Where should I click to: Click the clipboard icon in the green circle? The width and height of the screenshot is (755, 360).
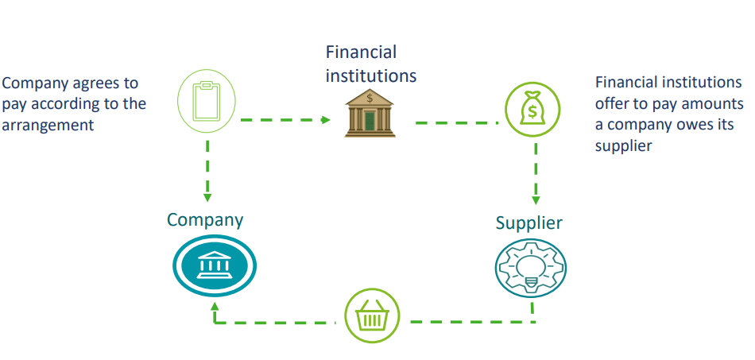pos(207,102)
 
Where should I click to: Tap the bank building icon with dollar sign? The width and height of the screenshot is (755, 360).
pos(370,114)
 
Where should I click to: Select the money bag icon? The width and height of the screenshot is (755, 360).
pos(533,107)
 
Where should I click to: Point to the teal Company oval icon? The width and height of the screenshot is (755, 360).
pos(215,265)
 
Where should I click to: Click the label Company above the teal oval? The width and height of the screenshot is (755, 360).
pos(205,219)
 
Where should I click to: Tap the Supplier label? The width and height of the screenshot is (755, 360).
pos(528,223)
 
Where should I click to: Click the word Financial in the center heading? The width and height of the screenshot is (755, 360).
pos(361,52)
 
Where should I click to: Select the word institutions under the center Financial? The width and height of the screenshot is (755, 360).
pos(371,77)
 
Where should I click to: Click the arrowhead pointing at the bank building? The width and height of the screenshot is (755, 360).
pos(326,120)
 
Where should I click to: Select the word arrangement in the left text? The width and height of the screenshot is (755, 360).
pos(48,125)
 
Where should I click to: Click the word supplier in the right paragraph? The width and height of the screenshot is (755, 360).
pos(624,145)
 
